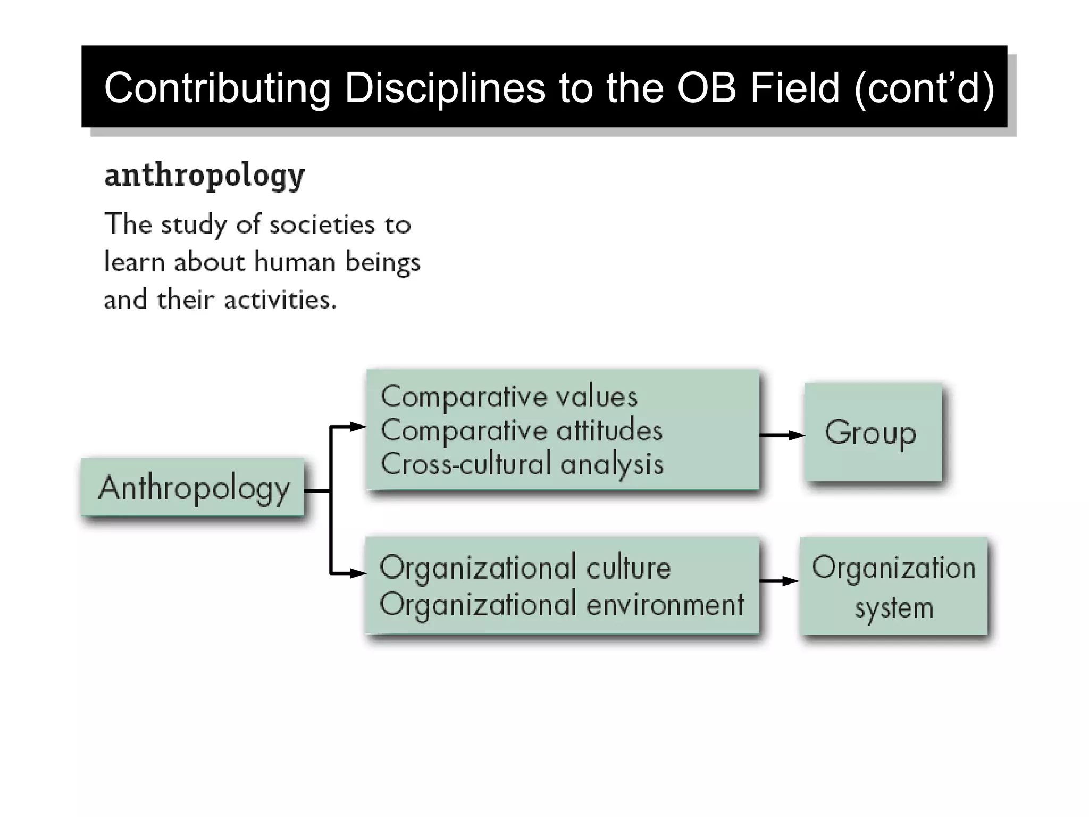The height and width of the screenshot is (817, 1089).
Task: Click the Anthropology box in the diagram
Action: point(192,487)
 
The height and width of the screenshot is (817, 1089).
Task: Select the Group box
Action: point(873,432)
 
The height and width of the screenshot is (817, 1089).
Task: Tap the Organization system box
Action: point(893,586)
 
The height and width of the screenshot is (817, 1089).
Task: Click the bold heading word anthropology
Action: point(205,176)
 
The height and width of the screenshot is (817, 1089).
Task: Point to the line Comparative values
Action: point(509,397)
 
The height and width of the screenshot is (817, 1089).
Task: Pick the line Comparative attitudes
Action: point(521,430)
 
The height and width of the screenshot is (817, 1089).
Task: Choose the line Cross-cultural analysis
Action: point(522,464)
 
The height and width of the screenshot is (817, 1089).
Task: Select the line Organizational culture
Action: point(525,568)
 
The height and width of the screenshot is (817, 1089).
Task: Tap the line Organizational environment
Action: point(562,605)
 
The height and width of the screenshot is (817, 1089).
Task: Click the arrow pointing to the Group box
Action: point(782,435)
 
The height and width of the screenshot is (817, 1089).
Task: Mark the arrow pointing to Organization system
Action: point(779,581)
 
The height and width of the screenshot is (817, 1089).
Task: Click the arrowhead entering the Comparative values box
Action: point(357,426)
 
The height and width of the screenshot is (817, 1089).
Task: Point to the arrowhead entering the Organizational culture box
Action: point(357,573)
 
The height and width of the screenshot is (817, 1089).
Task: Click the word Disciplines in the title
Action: point(445,88)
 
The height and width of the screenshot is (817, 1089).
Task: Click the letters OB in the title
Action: point(707,88)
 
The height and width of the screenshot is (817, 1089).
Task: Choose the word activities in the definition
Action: point(280,300)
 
